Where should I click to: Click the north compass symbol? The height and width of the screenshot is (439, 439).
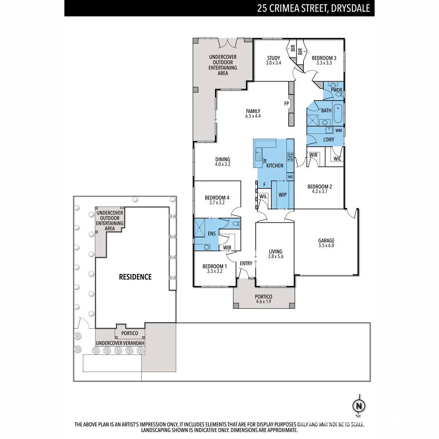(x=359, y=406)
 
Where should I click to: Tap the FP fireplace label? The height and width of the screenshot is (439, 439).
(x=286, y=104)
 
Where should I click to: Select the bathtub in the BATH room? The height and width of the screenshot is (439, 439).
(x=338, y=113)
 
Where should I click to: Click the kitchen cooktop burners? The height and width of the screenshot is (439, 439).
(x=290, y=157)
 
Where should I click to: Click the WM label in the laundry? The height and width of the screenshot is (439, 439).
(x=338, y=131)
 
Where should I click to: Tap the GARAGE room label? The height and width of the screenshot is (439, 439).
(x=326, y=241)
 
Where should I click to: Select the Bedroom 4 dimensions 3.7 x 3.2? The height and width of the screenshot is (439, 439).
(x=217, y=203)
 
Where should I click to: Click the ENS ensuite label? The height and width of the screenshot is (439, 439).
(x=212, y=233)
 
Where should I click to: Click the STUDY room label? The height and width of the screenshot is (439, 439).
(x=273, y=58)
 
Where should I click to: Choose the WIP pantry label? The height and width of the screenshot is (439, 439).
(x=282, y=195)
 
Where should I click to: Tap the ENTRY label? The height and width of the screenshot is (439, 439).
(x=246, y=263)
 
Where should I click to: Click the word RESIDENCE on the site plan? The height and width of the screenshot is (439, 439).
(x=135, y=277)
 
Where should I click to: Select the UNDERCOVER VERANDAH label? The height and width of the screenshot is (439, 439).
(x=120, y=343)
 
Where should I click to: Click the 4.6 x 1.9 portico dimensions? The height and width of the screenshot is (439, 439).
(x=263, y=301)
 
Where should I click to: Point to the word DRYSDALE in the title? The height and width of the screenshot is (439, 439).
(x=350, y=8)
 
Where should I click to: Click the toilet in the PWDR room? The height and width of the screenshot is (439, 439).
(x=339, y=94)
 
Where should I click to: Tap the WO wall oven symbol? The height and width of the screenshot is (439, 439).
(x=290, y=177)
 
